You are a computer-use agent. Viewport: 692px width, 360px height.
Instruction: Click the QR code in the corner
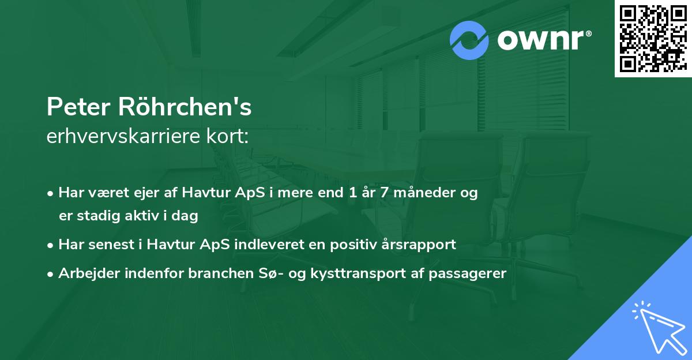coord(653,38)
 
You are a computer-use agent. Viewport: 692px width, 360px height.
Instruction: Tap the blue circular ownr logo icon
coord(469,40)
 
